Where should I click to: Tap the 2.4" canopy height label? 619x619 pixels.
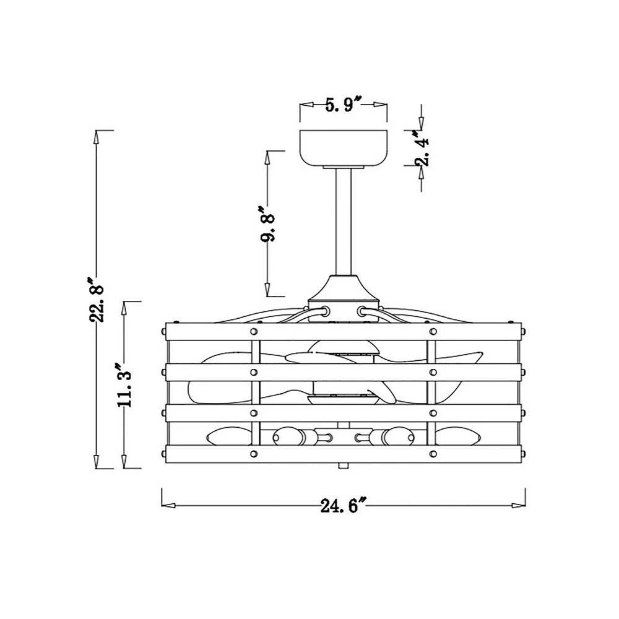(x=421, y=148)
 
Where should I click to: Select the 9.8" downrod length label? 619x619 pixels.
(x=267, y=224)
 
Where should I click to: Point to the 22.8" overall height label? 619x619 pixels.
(x=96, y=300)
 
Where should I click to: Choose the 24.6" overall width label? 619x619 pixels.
(x=344, y=505)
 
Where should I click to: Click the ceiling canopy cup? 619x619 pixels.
(x=344, y=148)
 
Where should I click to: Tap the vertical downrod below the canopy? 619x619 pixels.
(x=344, y=222)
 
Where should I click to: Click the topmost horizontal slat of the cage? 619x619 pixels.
(x=344, y=332)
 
